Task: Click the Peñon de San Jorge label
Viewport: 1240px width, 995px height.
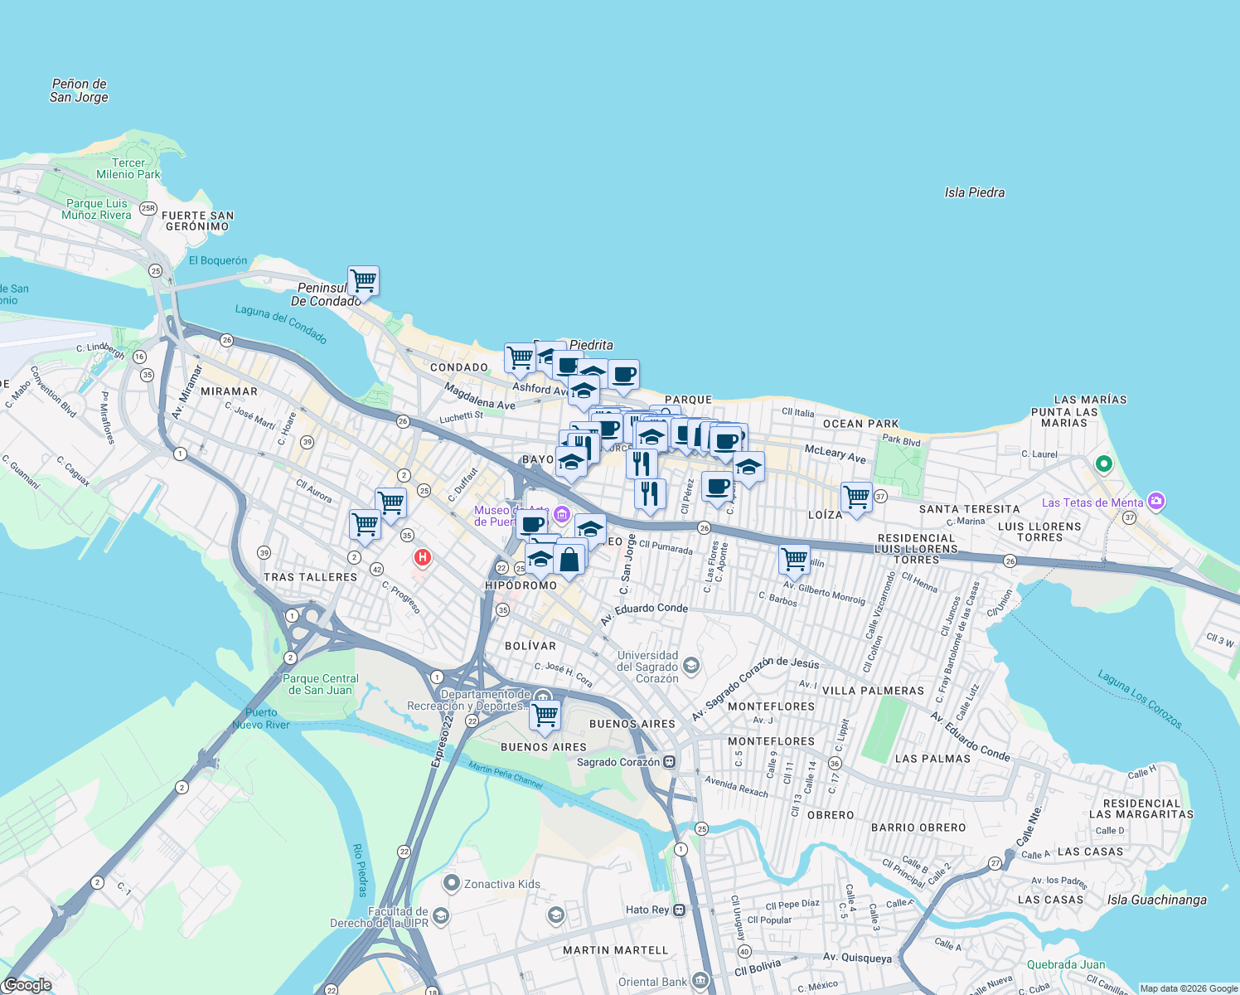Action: [x=79, y=90]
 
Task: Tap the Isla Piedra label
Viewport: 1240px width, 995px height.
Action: [x=974, y=192]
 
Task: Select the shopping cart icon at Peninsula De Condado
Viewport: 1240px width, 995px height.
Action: [x=363, y=281]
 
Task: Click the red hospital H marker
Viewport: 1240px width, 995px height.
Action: [x=423, y=557]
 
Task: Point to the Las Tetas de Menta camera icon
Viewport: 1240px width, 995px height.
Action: [x=1157, y=501]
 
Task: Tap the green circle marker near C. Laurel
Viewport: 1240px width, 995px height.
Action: [x=1103, y=464]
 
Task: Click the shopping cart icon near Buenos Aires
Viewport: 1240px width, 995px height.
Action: [x=545, y=714]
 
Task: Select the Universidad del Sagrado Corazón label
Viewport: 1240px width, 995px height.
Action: [x=647, y=667]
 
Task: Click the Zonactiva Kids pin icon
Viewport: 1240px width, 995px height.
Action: [x=452, y=883]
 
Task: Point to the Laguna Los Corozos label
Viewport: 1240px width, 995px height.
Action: [x=1140, y=700]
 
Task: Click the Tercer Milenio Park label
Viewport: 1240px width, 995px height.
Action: [x=128, y=168]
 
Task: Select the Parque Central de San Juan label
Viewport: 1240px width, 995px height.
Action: [x=321, y=684]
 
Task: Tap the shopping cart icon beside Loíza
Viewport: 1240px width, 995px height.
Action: [x=856, y=498]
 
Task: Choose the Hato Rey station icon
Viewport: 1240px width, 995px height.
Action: [x=680, y=910]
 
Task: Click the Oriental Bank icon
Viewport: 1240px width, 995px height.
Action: [x=700, y=981]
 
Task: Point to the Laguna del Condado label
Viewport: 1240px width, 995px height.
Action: [x=281, y=323]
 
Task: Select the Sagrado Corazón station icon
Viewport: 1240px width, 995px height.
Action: [x=670, y=762]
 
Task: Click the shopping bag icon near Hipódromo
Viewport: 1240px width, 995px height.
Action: [x=569, y=558]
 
